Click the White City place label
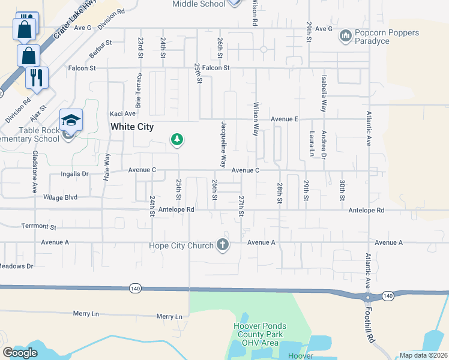[131, 127]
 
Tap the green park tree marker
[176, 140]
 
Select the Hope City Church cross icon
[223, 244]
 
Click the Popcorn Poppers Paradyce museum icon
[345, 37]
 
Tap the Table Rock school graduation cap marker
[71, 119]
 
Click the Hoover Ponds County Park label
[259, 334]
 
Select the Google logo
[20, 353]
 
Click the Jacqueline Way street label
[223, 143]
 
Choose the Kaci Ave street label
[122, 113]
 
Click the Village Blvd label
[60, 196]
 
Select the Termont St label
[38, 227]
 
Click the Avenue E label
[284, 119]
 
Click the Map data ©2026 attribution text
[424, 355]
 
